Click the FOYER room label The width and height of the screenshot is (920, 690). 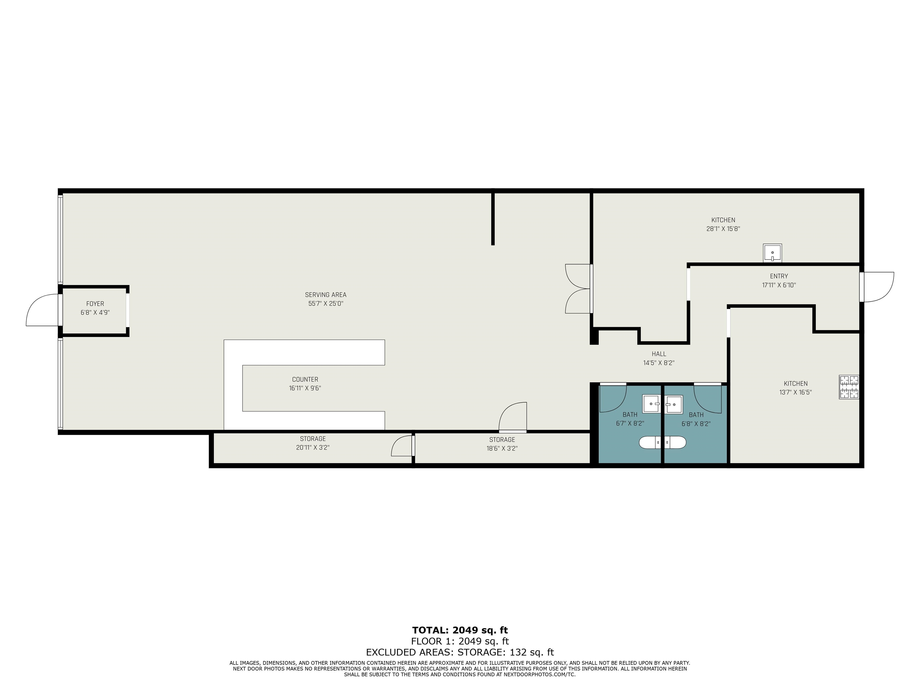pyautogui.click(x=95, y=304)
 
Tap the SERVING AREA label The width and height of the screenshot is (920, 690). pyautogui.click(x=326, y=295)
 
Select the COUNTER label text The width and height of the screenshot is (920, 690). pyautogui.click(x=305, y=379)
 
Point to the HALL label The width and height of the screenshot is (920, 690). pyautogui.click(x=659, y=354)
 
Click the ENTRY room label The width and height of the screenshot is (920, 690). pyautogui.click(x=779, y=276)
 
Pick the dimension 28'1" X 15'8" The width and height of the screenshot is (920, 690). pyautogui.click(x=723, y=229)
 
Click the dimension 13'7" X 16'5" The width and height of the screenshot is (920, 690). pyautogui.click(x=796, y=392)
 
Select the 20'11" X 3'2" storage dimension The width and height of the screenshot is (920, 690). pyautogui.click(x=313, y=447)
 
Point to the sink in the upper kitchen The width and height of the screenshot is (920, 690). pyautogui.click(x=772, y=253)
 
